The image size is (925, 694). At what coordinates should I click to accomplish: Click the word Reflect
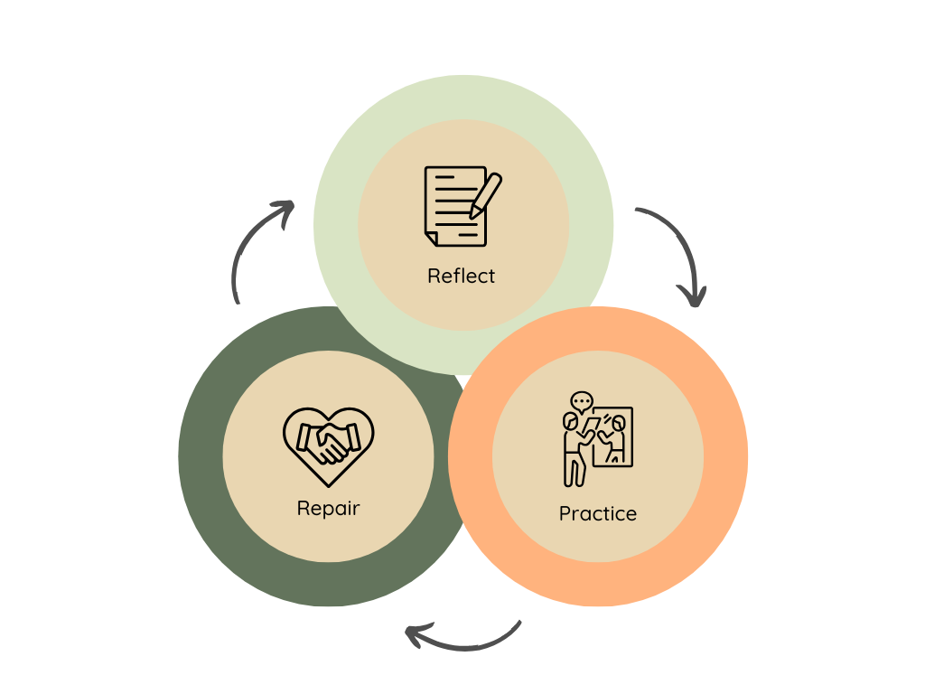click(462, 276)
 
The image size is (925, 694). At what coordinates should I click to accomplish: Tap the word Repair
click(328, 508)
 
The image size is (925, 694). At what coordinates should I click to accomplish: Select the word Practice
click(597, 513)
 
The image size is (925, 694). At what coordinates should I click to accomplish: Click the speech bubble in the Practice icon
click(581, 400)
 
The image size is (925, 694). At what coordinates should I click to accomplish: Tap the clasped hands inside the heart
click(327, 443)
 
